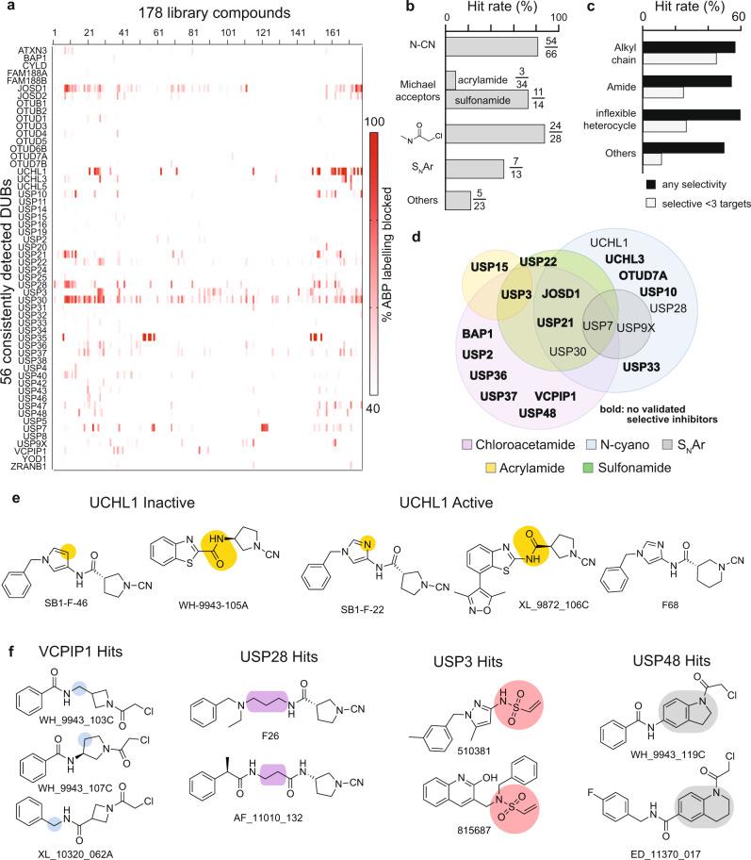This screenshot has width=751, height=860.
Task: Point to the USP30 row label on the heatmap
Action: (x=32, y=299)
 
